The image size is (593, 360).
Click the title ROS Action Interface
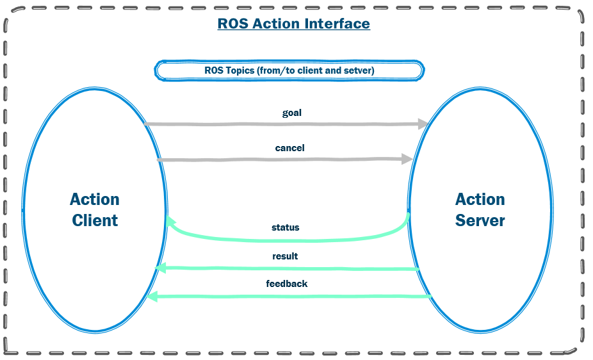(x=293, y=24)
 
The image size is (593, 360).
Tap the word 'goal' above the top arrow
(x=291, y=113)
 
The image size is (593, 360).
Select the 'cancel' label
(x=289, y=148)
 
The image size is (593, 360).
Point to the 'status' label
(x=285, y=227)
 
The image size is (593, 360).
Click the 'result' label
(x=285, y=256)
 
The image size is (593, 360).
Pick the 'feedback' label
(x=287, y=284)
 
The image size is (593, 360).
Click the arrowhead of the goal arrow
(x=422, y=124)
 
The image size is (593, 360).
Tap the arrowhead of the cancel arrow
(x=407, y=159)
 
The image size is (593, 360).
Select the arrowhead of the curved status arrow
(x=171, y=222)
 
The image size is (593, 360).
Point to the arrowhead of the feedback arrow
(x=151, y=297)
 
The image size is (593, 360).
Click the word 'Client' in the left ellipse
(x=95, y=221)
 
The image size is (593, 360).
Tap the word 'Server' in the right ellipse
(x=480, y=221)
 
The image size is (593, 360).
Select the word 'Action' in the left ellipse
(x=95, y=200)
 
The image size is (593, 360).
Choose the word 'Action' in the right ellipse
(x=480, y=200)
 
